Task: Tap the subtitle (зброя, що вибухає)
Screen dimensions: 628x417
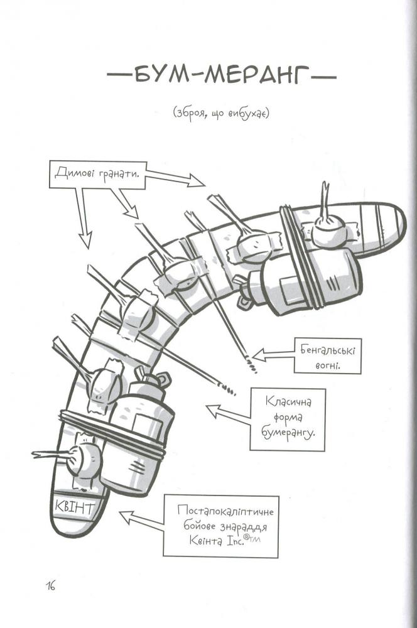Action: (x=220, y=114)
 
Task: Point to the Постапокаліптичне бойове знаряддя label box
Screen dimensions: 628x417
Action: (x=221, y=526)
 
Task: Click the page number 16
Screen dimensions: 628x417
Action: (x=50, y=587)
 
